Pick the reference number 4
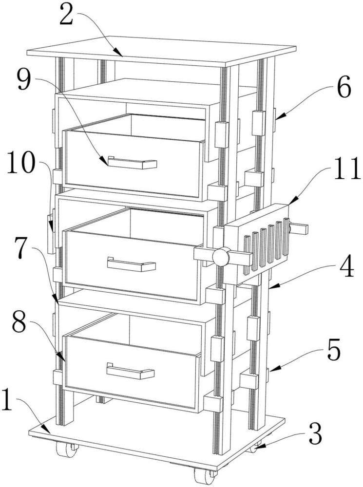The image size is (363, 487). coord(344,270)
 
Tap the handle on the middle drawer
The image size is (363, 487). coord(131,265)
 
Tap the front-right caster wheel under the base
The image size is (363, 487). coord(204,474)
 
